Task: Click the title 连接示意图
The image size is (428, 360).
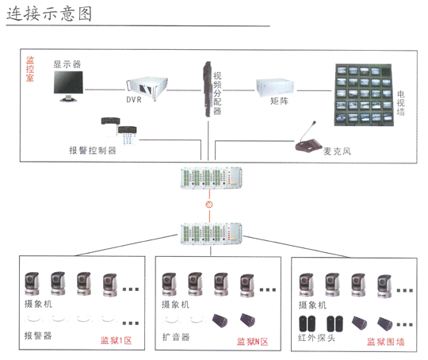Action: tap(49, 14)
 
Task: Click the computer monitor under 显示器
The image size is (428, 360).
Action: tap(68, 86)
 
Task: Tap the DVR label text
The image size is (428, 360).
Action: tap(134, 100)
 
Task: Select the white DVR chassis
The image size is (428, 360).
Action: tap(147, 87)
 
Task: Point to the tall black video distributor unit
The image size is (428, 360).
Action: tap(208, 89)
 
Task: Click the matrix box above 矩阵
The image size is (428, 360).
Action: tap(275, 88)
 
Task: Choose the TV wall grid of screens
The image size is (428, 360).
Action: tap(364, 95)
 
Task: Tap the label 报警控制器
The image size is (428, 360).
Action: tap(93, 150)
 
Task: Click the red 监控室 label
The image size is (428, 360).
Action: tap(30, 69)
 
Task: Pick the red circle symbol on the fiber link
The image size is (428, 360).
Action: tap(209, 205)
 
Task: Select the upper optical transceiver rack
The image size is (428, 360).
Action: tap(211, 178)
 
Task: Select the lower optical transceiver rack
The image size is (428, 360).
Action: tap(211, 234)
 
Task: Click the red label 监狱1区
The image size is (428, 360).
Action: tap(117, 340)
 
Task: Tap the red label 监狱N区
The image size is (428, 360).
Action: tap(253, 342)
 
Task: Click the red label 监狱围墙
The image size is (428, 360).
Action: tap(386, 342)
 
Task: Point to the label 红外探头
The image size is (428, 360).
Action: tap(316, 338)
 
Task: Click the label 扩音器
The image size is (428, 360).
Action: tap(176, 337)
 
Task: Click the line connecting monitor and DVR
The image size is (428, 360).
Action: tap(105, 90)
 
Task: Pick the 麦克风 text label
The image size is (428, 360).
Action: tap(337, 151)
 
